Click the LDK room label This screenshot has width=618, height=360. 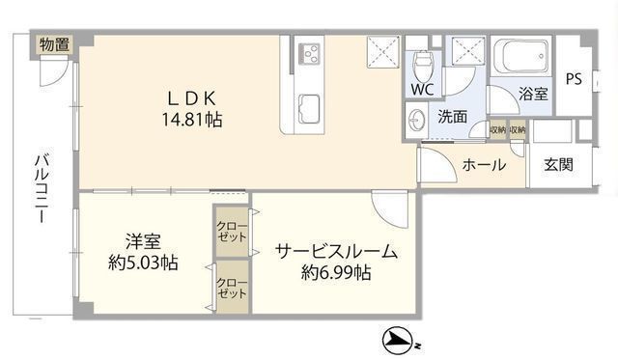(198, 97)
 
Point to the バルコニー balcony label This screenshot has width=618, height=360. (42, 189)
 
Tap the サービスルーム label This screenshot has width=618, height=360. (335, 252)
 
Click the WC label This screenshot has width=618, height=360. (421, 90)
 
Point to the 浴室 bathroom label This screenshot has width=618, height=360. (533, 94)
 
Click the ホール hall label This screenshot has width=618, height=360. (484, 165)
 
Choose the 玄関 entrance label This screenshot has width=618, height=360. (558, 165)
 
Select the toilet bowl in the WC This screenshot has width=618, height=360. (421, 62)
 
